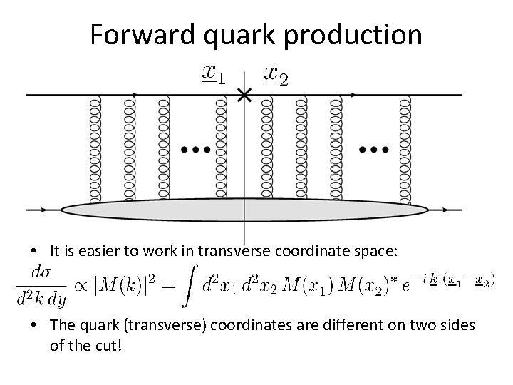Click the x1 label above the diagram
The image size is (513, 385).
(x=213, y=73)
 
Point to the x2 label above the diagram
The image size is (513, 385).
(x=276, y=73)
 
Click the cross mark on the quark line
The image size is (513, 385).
(x=244, y=95)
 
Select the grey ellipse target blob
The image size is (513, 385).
(x=244, y=210)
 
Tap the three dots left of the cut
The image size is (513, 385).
(x=195, y=150)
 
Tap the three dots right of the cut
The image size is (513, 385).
(x=374, y=150)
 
